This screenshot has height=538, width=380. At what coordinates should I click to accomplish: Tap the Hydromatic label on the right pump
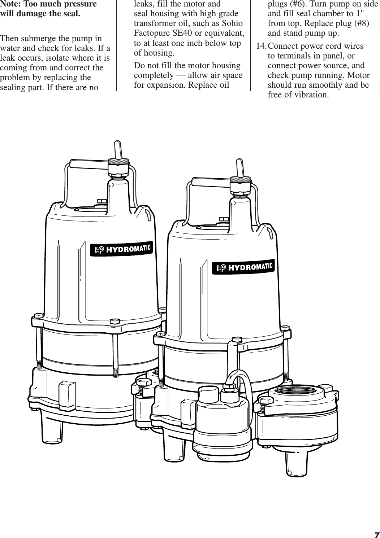(244, 267)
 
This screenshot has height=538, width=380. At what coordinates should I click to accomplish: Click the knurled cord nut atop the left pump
(119, 166)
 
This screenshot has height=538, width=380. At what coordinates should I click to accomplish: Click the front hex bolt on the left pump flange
(115, 321)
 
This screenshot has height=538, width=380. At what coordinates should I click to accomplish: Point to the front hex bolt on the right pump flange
(237, 340)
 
